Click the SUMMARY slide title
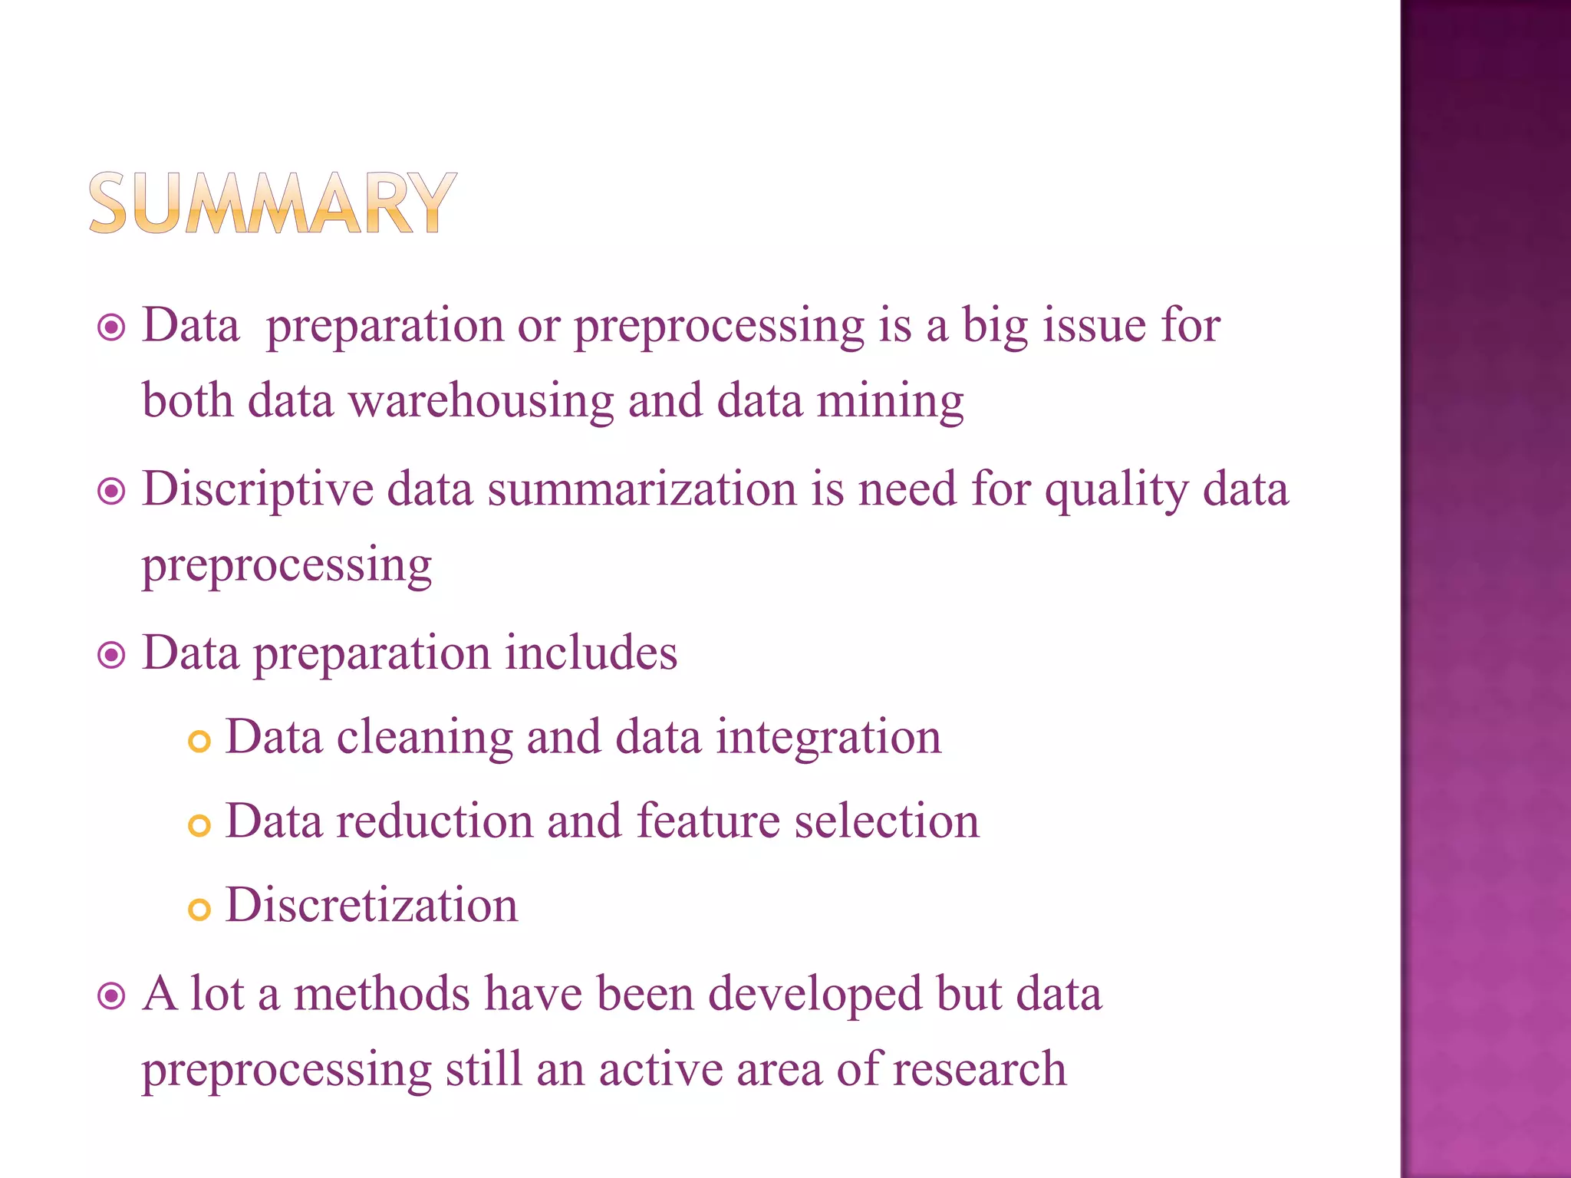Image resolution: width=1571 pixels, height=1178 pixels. tap(272, 202)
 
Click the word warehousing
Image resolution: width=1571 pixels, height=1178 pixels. tap(481, 401)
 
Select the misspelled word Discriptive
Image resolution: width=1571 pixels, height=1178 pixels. tap(258, 490)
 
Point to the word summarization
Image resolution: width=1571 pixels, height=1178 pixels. tap(642, 489)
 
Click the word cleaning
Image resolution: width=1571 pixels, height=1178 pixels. tap(424, 738)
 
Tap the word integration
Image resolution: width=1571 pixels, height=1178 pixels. tap(828, 738)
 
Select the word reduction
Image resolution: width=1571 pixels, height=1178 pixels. tap(433, 821)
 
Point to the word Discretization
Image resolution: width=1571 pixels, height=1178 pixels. tap(372, 905)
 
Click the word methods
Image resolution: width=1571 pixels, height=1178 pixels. tap(382, 994)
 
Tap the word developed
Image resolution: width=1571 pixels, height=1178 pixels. tap(815, 995)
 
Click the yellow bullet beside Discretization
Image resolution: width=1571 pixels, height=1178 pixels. tap(199, 910)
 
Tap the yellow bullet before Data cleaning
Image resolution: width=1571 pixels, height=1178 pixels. tap(199, 742)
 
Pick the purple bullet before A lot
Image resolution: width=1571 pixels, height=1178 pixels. tap(112, 997)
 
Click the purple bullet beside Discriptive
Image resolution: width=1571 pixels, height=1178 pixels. tap(112, 492)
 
